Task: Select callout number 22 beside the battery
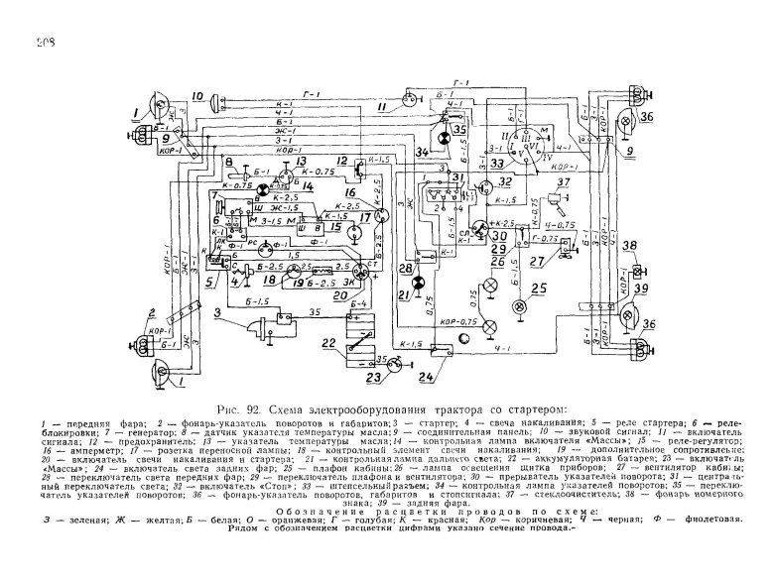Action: point(330,345)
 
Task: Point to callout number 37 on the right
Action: point(562,183)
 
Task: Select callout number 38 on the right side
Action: point(636,246)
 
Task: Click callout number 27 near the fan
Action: point(537,261)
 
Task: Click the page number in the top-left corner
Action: point(44,41)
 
